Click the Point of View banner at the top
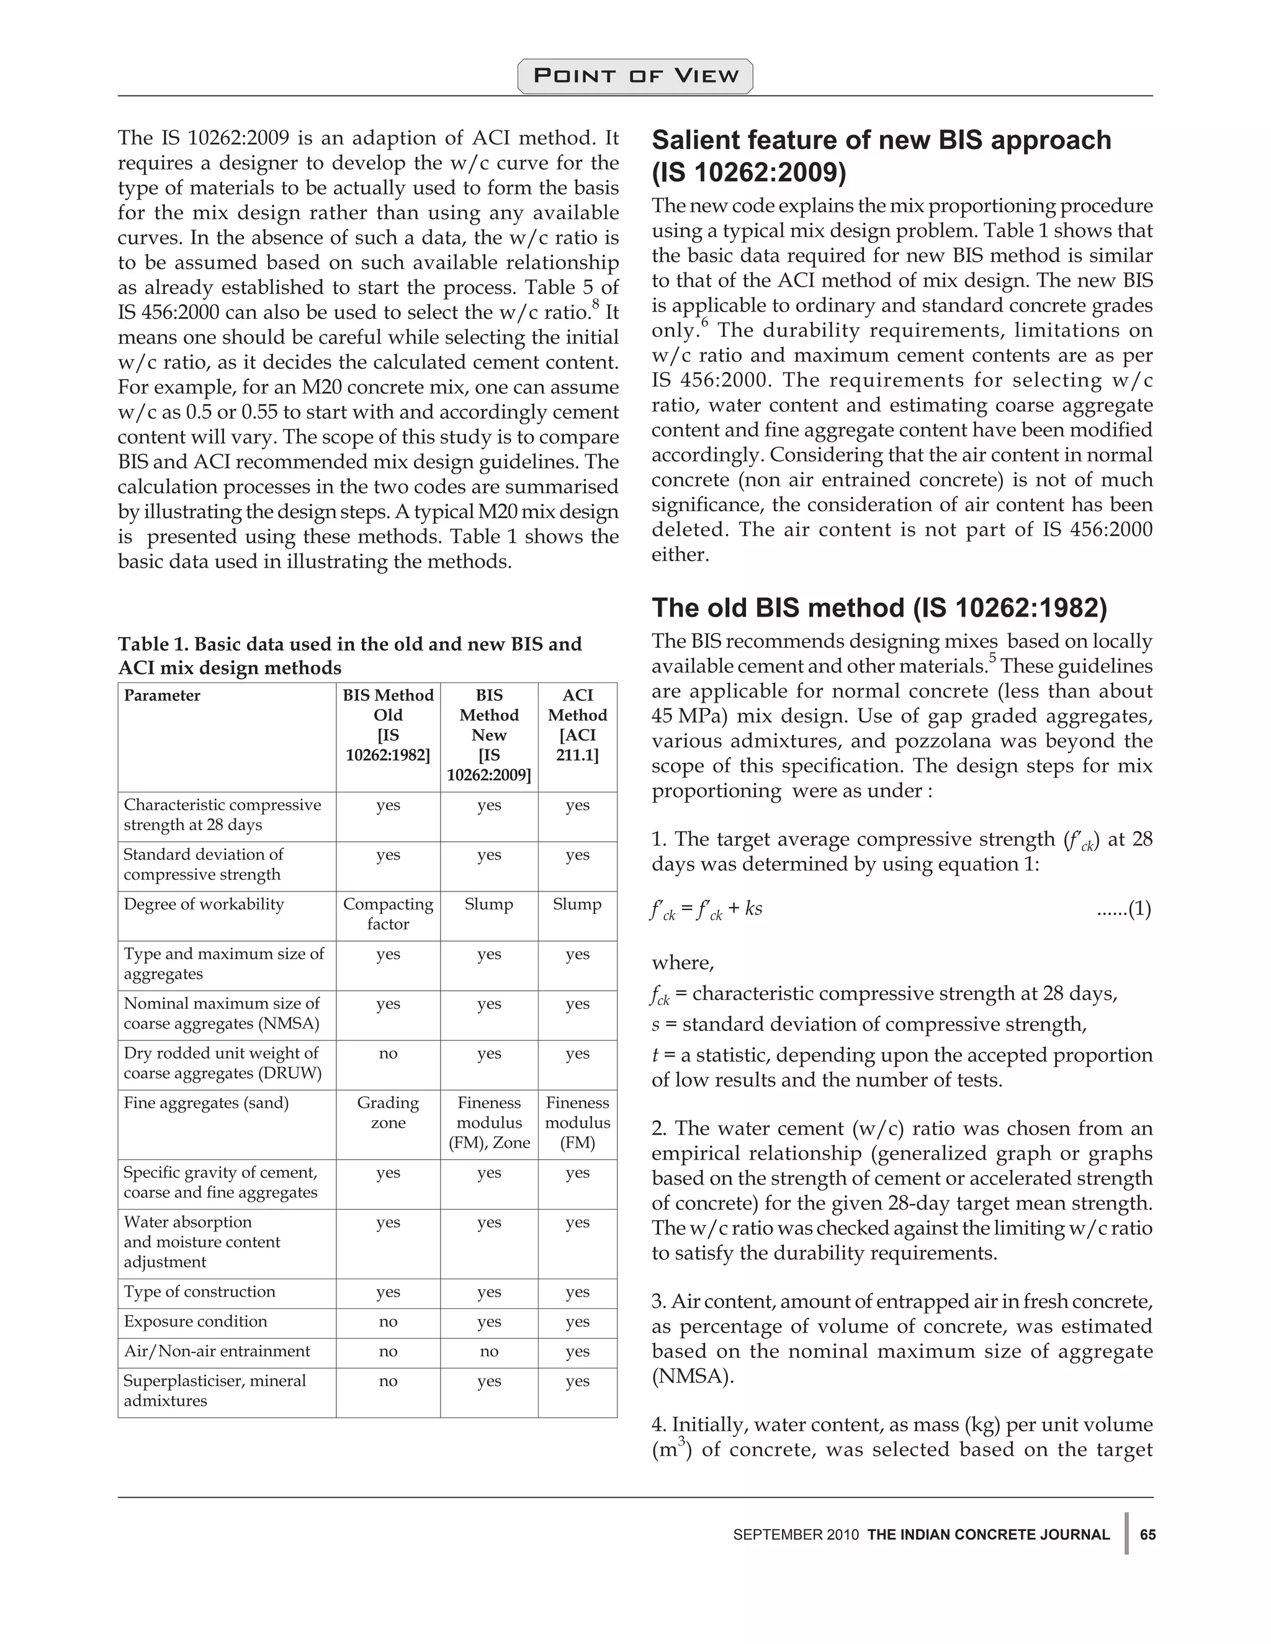pos(635,76)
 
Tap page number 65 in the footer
pos(1147,1534)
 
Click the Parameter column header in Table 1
pos(162,695)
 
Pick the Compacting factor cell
pos(388,914)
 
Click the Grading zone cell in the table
pos(388,1112)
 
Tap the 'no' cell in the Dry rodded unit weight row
pos(388,1053)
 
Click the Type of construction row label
pos(200,1292)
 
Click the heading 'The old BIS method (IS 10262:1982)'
pos(879,607)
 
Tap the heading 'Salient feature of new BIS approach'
pos(881,141)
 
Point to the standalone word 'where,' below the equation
pos(682,963)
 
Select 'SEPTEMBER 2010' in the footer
pos(795,1535)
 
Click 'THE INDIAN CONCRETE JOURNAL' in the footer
pos(988,1535)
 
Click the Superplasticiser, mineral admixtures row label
pos(215,1390)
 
